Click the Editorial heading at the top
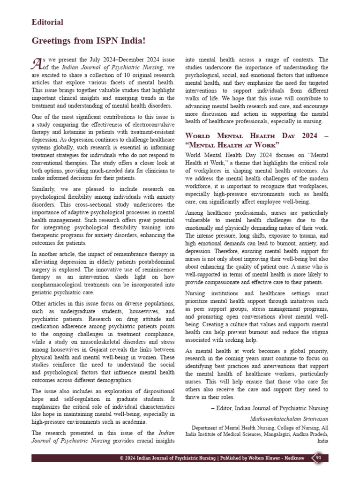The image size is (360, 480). tap(47, 22)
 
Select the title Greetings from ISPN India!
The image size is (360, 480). tap(89, 41)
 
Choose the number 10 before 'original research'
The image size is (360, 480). tap(126, 75)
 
